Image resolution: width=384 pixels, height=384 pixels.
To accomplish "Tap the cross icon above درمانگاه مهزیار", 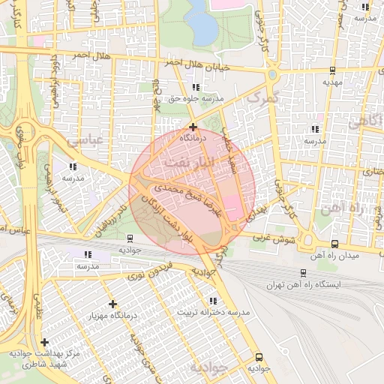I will (112, 304).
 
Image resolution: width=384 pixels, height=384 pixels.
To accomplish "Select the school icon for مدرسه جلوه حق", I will (196, 88).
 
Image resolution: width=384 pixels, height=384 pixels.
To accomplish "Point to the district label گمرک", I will (262, 98).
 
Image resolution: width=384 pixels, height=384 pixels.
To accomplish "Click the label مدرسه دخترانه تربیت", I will (212, 311).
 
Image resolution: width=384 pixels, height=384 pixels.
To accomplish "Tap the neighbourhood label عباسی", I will (84, 140).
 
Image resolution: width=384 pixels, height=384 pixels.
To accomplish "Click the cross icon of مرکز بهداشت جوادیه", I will (44, 342).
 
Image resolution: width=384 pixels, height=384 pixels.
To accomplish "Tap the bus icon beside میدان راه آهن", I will (334, 243).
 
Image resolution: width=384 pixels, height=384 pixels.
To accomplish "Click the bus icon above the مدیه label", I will (331, 70).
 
